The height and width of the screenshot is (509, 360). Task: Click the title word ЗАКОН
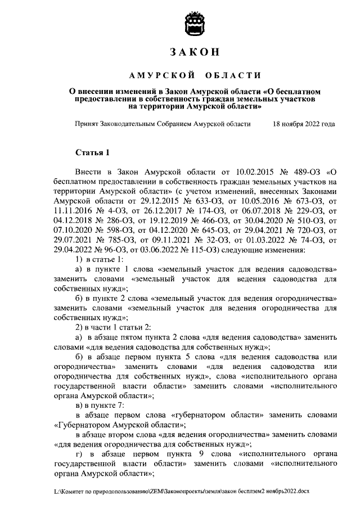tap(195, 53)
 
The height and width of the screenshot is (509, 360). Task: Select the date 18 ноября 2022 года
tap(303, 124)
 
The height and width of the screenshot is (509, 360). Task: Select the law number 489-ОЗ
tap(303, 172)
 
